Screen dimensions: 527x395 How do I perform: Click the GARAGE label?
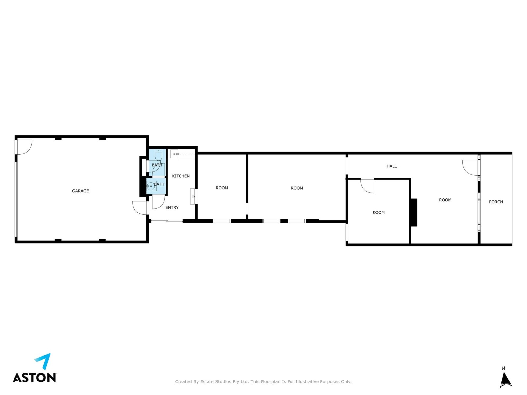click(80, 191)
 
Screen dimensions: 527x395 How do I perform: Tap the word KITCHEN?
click(181, 176)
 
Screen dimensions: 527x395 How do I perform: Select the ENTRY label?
click(172, 208)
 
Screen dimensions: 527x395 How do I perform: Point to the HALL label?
click(391, 166)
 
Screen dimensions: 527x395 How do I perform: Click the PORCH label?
click(496, 202)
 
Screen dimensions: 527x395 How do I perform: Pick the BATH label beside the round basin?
click(159, 184)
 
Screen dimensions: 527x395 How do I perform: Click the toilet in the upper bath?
click(158, 155)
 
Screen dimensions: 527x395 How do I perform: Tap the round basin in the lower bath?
click(151, 186)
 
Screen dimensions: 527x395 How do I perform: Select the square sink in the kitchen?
click(174, 154)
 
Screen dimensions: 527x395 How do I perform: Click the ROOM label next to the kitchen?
click(222, 188)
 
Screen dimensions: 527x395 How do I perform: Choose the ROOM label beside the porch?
click(445, 200)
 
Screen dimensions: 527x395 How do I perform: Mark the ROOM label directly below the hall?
click(378, 212)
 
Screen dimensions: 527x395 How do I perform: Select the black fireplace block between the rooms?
click(414, 212)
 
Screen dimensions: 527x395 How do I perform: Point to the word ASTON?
click(35, 378)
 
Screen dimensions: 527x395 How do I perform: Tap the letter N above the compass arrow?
click(503, 368)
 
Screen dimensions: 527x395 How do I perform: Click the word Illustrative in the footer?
click(306, 381)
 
